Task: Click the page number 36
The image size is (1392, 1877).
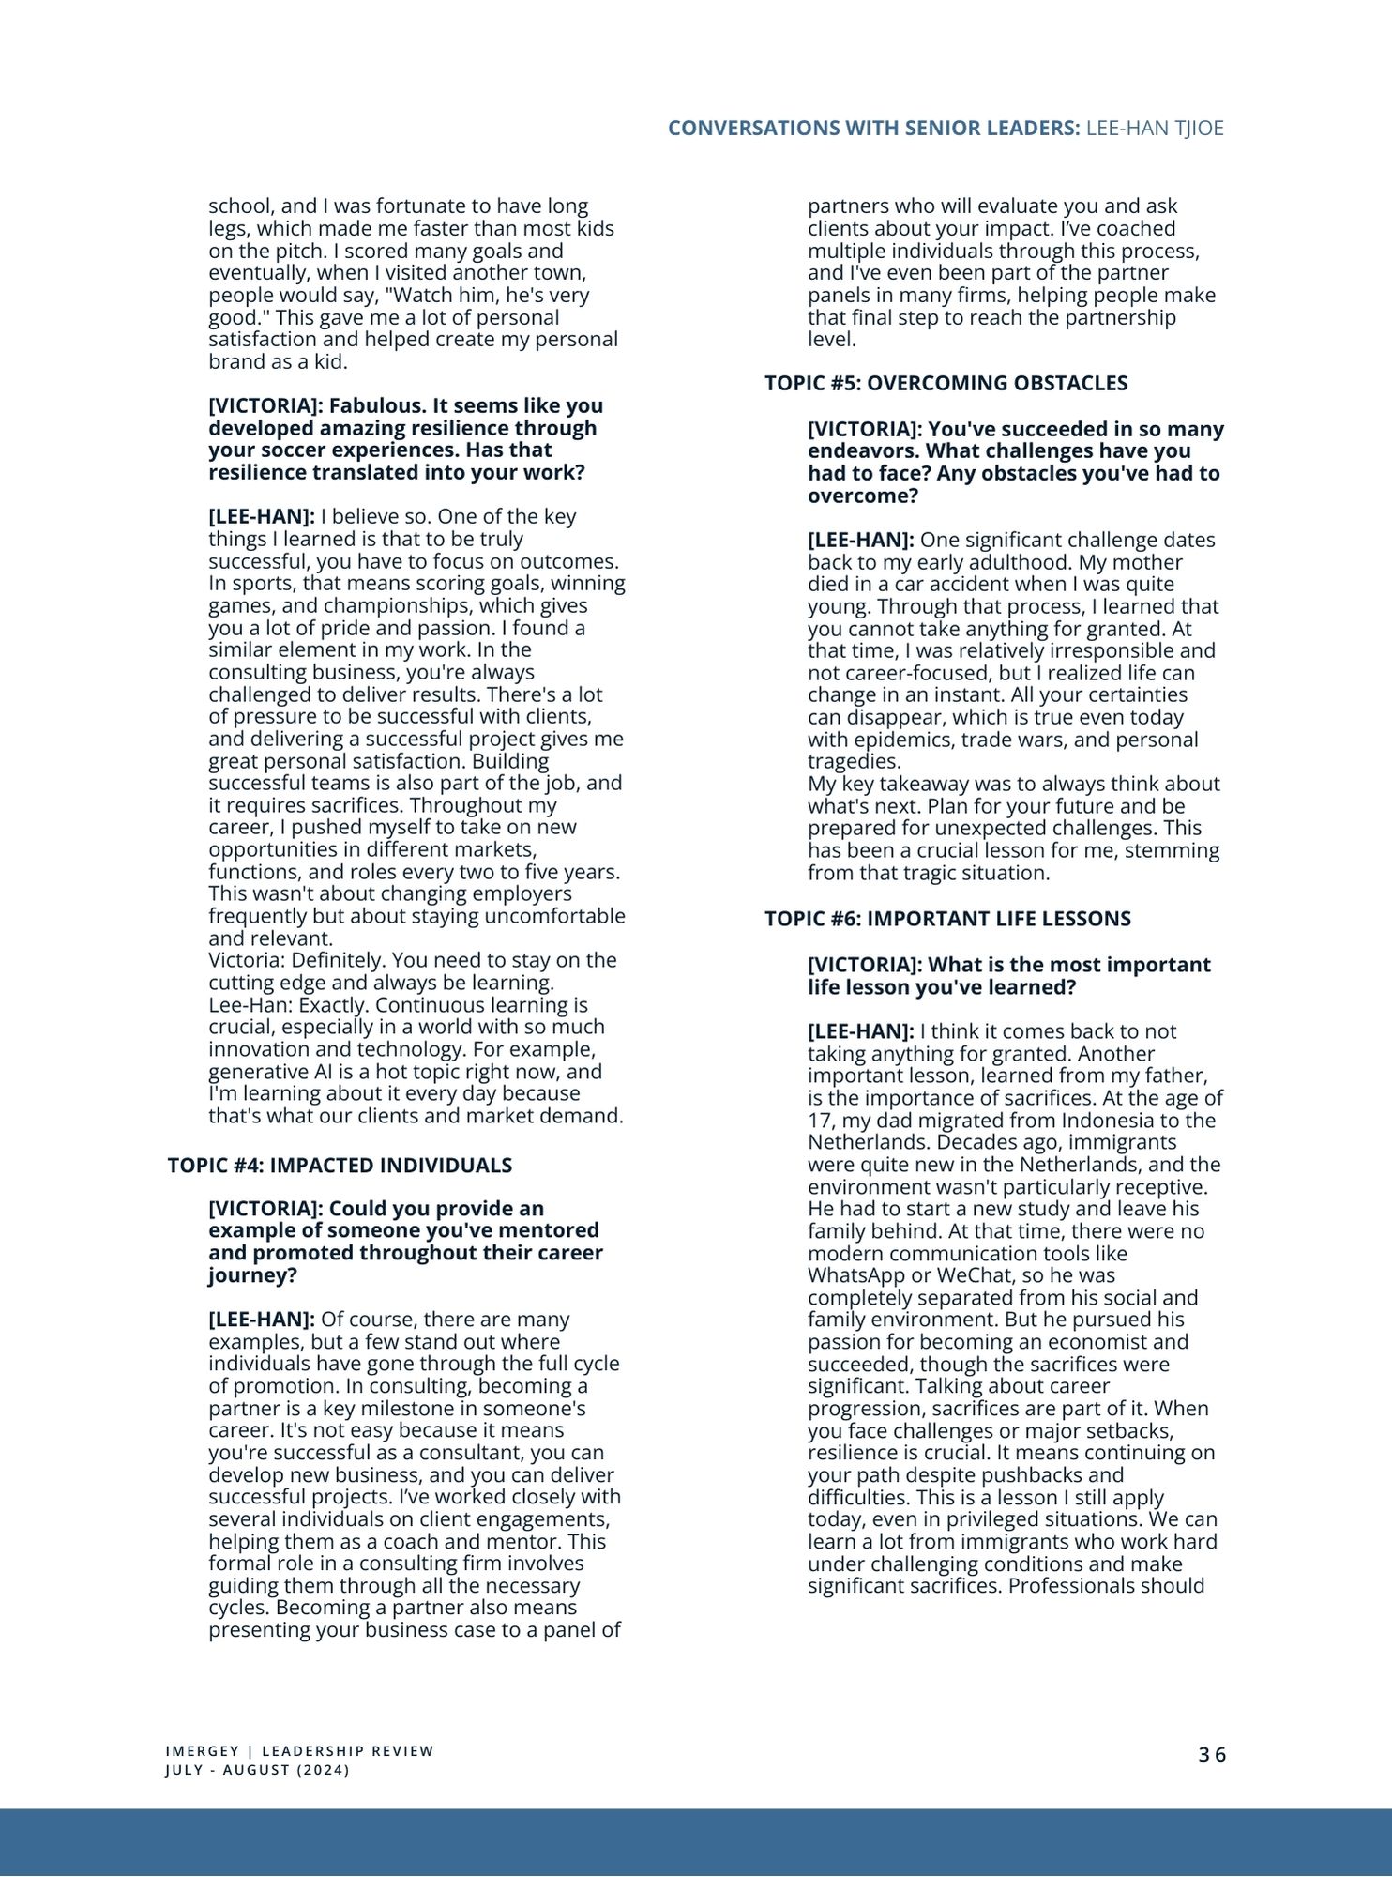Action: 1212,1754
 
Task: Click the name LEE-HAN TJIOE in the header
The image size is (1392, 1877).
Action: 1155,129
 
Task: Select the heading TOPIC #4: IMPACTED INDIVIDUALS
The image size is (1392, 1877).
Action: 340,1166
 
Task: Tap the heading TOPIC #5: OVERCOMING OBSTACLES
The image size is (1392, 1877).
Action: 946,383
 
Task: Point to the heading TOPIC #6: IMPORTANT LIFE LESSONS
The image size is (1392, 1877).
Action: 947,919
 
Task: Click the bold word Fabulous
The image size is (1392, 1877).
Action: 371,406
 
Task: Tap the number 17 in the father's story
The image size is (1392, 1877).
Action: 819,1121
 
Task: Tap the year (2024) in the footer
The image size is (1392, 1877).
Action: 323,1771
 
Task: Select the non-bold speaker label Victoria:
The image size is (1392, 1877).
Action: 247,960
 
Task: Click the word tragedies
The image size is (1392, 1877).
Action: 854,761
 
